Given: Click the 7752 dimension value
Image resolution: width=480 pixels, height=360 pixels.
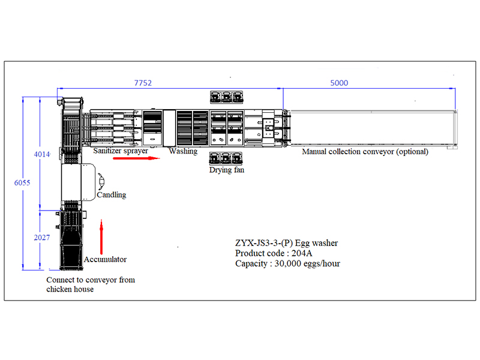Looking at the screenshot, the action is tap(143, 83).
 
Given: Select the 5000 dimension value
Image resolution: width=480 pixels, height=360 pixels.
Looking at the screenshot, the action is tap(339, 83).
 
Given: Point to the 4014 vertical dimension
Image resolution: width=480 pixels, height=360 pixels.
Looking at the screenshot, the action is tap(41, 154).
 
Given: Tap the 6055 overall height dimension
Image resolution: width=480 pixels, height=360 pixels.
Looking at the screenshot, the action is tap(22, 183).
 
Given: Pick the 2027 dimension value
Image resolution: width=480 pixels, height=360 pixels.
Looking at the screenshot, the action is tap(41, 238).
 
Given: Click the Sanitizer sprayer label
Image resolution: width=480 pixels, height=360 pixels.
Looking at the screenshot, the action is tap(121, 151).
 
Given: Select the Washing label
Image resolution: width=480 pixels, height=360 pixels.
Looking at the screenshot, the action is tap(183, 151).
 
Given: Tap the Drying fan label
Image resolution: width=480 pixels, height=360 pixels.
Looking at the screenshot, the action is tap(227, 170).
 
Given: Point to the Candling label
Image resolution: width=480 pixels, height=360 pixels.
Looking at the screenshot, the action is tap(112, 194).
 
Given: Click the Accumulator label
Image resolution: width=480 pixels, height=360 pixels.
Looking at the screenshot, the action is tap(105, 259).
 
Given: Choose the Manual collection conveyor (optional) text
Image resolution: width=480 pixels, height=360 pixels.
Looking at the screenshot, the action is tap(365, 152).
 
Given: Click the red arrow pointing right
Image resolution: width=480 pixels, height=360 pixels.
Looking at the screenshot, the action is tap(137, 158).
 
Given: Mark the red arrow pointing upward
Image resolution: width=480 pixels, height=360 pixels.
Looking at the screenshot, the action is tap(101, 236).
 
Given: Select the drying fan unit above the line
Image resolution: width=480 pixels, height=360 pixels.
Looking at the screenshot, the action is tap(227, 97).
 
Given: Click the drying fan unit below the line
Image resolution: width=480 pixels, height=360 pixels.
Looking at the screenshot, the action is tap(226, 158).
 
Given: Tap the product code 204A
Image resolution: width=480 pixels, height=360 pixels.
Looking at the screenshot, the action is tap(302, 253).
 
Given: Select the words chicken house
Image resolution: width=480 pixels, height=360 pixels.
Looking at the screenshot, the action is tap(70, 289).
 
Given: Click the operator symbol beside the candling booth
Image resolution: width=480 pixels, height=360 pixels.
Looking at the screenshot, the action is tap(101, 182).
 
